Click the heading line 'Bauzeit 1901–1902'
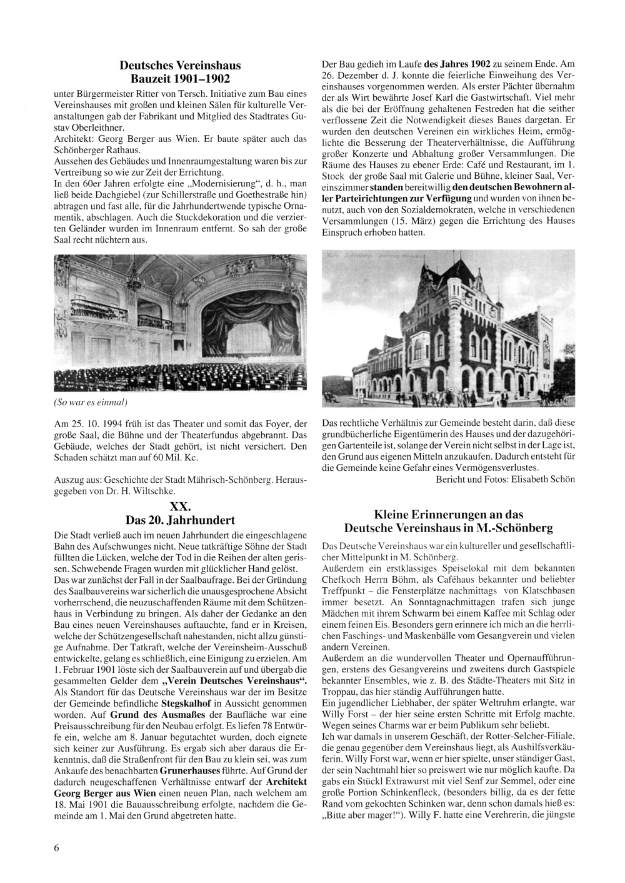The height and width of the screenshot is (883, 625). click(180, 79)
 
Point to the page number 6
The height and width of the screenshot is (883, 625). click(57, 848)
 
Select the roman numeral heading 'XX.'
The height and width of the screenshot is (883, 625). click(180, 507)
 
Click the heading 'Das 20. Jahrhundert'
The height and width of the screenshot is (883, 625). click(180, 520)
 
